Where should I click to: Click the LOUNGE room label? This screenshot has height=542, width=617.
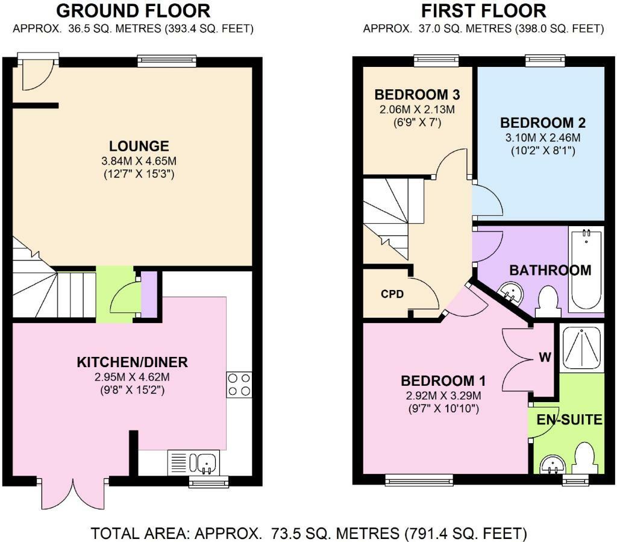139,146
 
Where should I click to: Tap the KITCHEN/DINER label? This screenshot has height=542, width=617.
132,362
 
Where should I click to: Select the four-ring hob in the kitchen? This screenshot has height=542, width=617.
239,385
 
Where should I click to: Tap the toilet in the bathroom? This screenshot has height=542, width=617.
548,301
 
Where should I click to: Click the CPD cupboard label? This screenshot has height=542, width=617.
392,294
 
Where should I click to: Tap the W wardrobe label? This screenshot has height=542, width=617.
545,357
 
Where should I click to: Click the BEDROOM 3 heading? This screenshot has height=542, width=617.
417,95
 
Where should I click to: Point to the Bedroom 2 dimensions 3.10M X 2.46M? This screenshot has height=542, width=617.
543,138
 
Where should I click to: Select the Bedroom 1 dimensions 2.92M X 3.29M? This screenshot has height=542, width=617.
443,395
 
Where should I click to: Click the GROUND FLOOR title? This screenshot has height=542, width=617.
133,11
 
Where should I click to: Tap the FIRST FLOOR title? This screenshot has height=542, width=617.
484,11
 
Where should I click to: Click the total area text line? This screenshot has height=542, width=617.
309,534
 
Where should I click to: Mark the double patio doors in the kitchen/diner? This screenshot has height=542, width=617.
73,494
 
